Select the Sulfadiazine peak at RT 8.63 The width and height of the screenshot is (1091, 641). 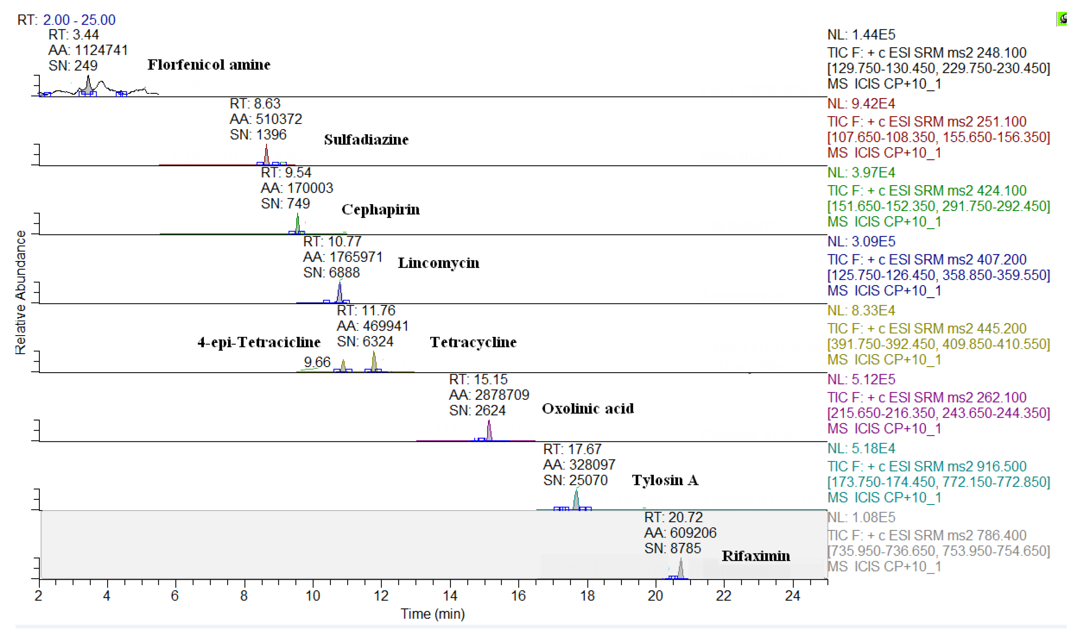(x=266, y=155)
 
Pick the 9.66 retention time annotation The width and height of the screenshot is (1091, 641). (x=317, y=362)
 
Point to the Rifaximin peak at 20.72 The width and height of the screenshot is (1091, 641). (x=680, y=569)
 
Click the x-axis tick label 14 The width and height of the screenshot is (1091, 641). (x=450, y=596)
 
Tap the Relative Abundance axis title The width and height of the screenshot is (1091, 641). (x=20, y=293)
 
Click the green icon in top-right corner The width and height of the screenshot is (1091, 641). (x=1061, y=19)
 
